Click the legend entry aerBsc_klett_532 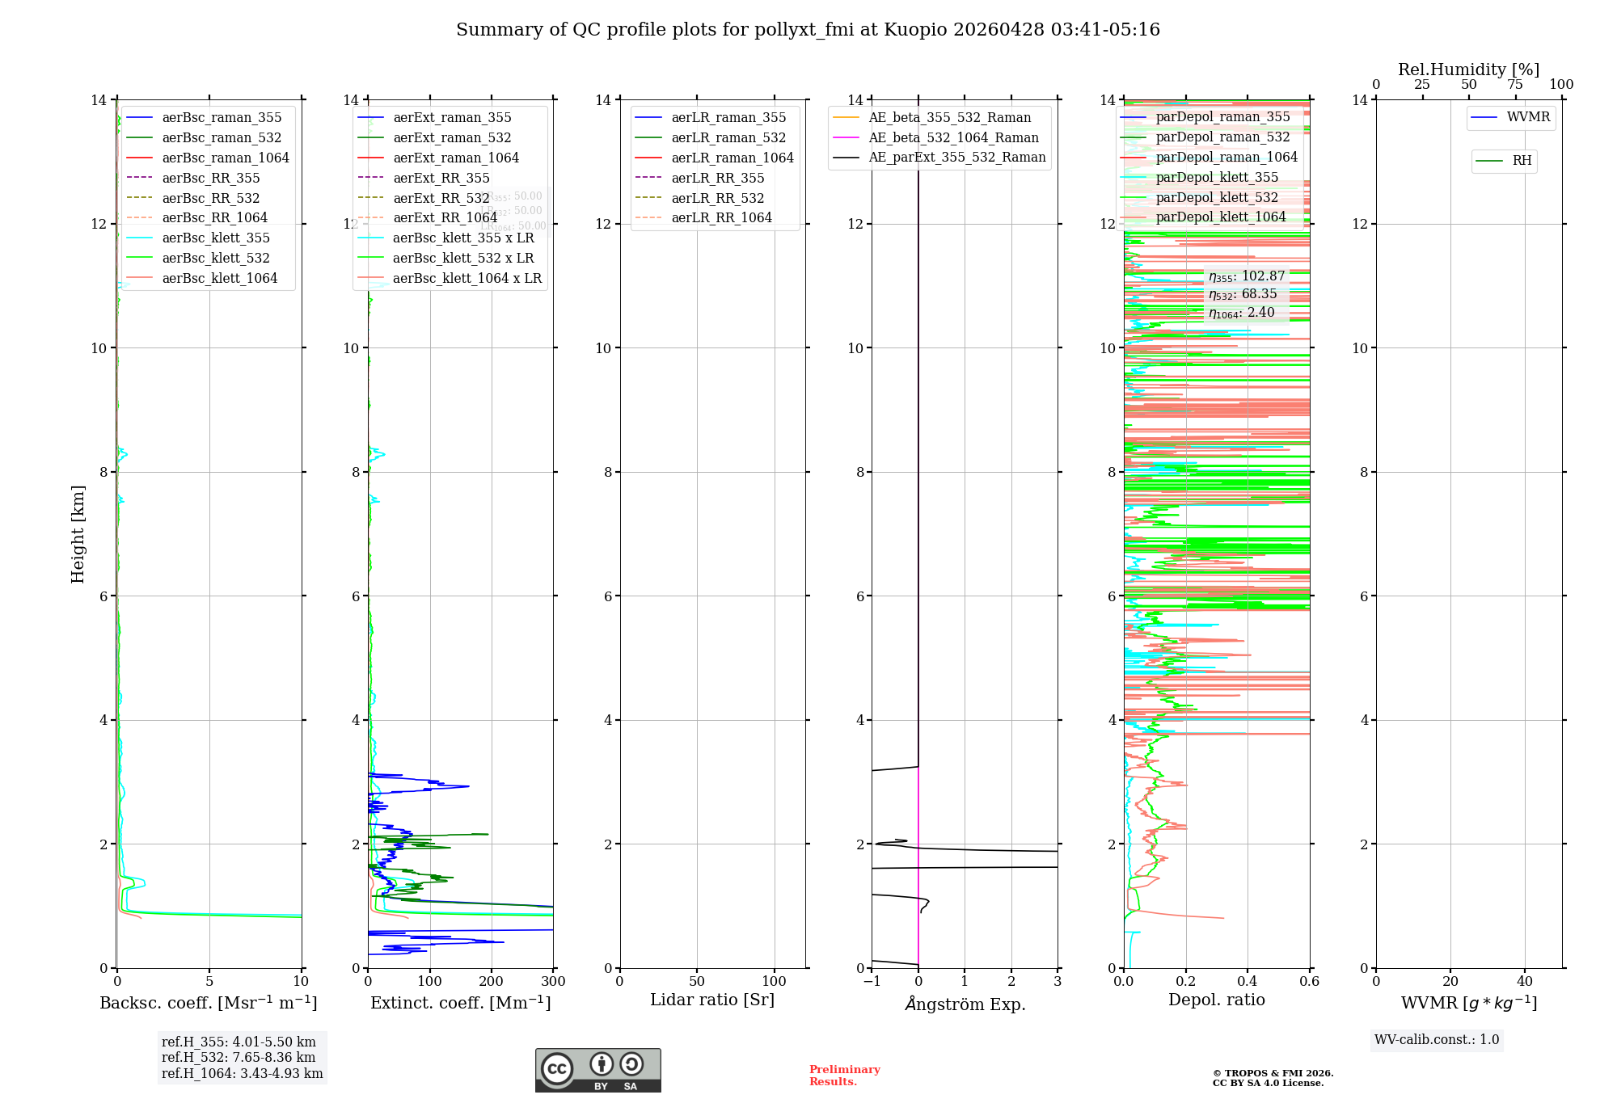click(215, 259)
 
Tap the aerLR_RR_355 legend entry click(717, 179)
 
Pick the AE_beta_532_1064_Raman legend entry click(953, 138)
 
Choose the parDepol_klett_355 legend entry click(1217, 178)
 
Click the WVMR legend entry click(1528, 117)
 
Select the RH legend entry click(1522, 161)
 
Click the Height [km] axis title click(78, 534)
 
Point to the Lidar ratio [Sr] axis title click(712, 1000)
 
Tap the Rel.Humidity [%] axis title click(1468, 69)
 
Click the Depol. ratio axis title click(1216, 1000)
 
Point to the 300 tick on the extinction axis click(554, 982)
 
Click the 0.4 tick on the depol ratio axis click(1248, 982)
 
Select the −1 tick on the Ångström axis click(872, 982)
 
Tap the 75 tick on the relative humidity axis click(1515, 85)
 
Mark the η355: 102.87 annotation click(1247, 276)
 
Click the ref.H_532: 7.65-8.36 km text click(239, 1058)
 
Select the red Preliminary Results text click(844, 1076)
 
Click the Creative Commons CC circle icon click(557, 1069)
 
